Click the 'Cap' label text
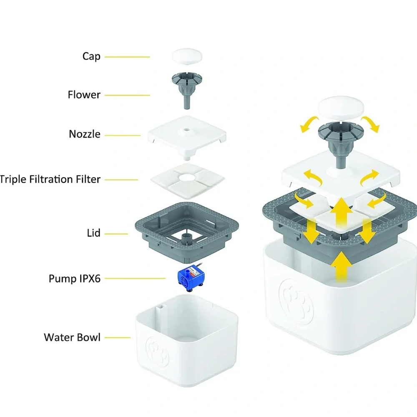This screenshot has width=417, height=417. click(91, 56)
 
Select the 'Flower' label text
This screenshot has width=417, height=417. click(84, 95)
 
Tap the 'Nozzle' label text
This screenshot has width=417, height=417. click(85, 134)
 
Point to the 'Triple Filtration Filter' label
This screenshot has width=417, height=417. click(50, 179)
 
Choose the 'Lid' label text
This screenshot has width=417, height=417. click(93, 233)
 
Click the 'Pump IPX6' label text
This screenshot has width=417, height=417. click(75, 279)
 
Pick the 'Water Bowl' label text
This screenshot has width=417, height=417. click(72, 337)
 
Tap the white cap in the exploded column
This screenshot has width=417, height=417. click(187, 56)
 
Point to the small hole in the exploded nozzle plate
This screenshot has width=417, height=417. click(187, 130)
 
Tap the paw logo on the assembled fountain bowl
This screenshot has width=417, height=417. click(296, 301)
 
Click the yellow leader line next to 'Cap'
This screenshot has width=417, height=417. click(127, 57)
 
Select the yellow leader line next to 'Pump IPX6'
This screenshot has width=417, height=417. click(135, 279)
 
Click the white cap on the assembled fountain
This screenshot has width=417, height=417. click(341, 108)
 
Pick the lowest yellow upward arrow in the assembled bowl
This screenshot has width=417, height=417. click(342, 267)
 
